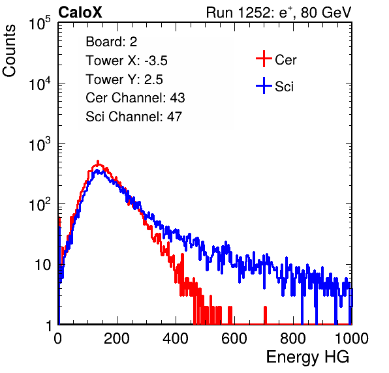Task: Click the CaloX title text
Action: click(80, 12)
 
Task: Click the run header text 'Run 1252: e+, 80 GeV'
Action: click(279, 12)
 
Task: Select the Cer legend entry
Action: click(276, 59)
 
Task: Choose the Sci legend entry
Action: click(275, 86)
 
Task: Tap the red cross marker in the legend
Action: click(264, 59)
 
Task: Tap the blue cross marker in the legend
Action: click(264, 86)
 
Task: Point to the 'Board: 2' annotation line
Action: click(112, 42)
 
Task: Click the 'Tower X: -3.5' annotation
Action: click(127, 61)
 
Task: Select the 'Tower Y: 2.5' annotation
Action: click(124, 80)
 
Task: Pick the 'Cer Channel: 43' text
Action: click(135, 98)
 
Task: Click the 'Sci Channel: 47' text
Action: click(134, 117)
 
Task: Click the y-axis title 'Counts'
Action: click(9, 51)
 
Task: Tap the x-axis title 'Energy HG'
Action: click(307, 357)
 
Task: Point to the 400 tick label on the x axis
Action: click(176, 338)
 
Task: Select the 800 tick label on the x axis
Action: click(293, 338)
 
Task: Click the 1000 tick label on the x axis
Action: click(352, 338)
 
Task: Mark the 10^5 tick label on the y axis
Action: click(40, 23)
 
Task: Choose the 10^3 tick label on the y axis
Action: click(40, 143)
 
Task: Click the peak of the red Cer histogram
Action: click(98, 162)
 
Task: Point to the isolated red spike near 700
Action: click(265, 315)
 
